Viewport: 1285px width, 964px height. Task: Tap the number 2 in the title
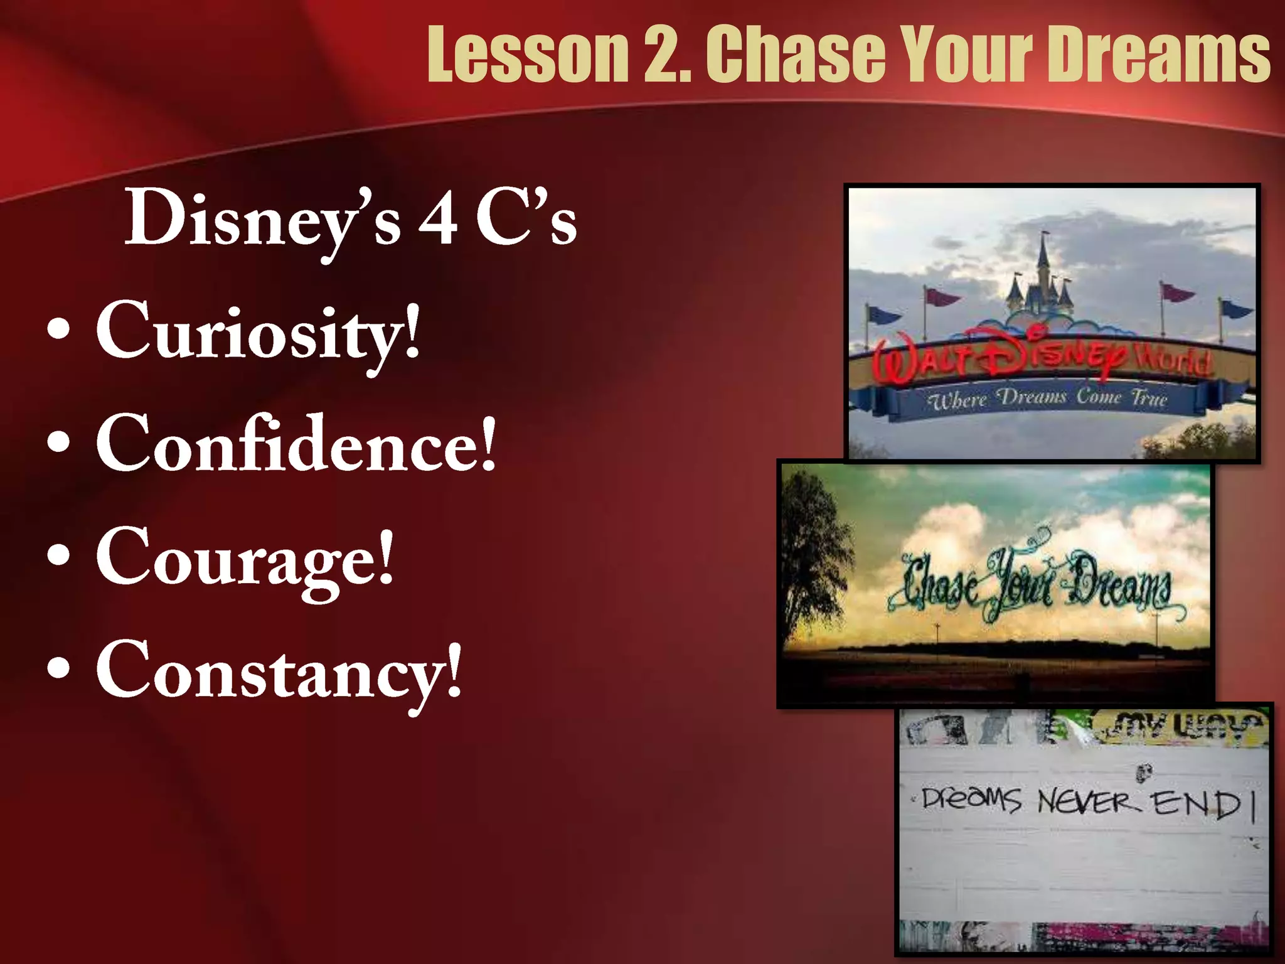tap(666, 55)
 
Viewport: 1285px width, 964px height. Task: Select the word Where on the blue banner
tap(959, 400)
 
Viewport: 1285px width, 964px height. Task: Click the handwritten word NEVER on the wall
tap(1089, 803)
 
